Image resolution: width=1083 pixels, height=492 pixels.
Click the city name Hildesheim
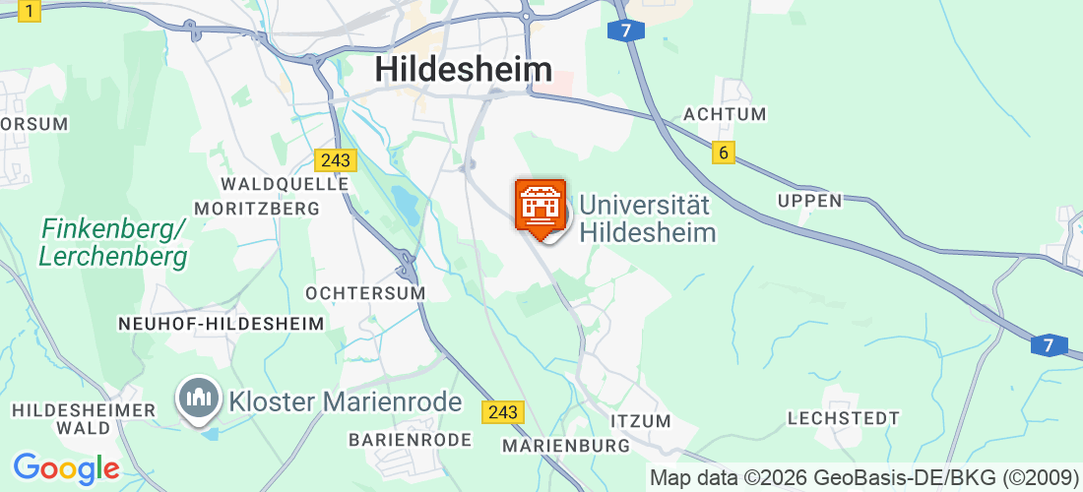click(464, 69)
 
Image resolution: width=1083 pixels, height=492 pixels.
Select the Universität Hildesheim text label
click(646, 218)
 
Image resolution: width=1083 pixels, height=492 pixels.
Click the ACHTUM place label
click(725, 114)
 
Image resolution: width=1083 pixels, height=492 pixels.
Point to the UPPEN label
click(809, 201)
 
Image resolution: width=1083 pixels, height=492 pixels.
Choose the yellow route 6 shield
click(724, 153)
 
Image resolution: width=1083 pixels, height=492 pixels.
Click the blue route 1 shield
click(32, 11)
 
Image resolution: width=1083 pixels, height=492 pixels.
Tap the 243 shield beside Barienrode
click(502, 412)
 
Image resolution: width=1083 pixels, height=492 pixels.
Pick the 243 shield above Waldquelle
click(336, 159)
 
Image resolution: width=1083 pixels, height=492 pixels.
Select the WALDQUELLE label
click(285, 184)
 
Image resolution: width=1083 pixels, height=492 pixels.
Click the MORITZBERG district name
click(257, 209)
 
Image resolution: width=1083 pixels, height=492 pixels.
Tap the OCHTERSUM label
click(365, 293)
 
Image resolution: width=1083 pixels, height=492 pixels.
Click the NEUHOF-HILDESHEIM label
click(221, 324)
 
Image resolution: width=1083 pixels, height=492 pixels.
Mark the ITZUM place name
click(641, 421)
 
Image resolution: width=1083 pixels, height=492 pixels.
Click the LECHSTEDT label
click(843, 418)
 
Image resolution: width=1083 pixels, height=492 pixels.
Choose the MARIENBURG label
click(565, 446)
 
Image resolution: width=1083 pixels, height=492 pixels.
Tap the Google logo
click(66, 468)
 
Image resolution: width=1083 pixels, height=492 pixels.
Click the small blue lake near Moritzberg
click(405, 202)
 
